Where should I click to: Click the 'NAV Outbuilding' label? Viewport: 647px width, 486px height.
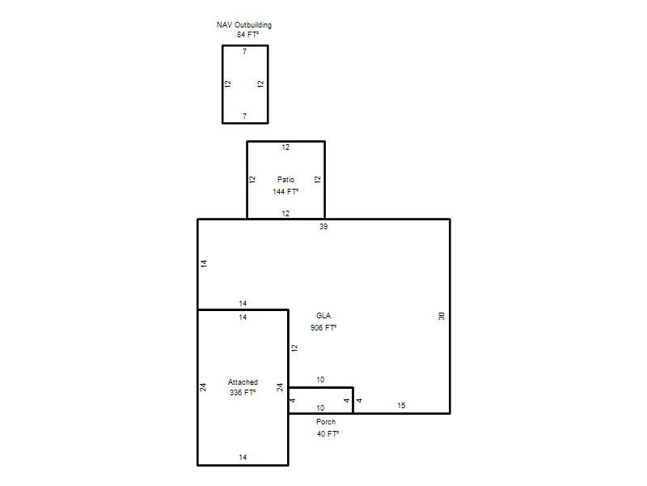(x=244, y=25)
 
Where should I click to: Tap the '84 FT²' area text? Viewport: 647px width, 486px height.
(x=247, y=35)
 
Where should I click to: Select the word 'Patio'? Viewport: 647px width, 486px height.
(x=285, y=179)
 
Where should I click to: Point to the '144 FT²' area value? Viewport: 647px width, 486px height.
(x=285, y=191)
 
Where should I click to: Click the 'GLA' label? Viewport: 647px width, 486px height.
(x=323, y=316)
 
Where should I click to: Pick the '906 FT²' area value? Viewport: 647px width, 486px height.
(x=323, y=328)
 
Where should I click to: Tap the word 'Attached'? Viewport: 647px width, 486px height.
(x=243, y=382)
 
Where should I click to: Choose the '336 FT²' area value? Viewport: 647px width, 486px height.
(x=243, y=393)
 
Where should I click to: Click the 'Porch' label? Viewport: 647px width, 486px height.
(x=326, y=422)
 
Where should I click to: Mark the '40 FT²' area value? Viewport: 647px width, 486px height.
(x=328, y=434)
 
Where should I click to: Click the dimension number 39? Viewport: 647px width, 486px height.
(x=323, y=227)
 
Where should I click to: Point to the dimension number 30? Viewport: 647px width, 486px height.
(x=442, y=316)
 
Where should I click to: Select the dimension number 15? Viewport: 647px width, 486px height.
(x=401, y=406)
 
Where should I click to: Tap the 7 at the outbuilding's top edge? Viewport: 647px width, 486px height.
(x=245, y=52)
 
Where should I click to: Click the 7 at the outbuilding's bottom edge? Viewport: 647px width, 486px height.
(x=245, y=116)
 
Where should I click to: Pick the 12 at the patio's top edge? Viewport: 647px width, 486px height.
(x=285, y=147)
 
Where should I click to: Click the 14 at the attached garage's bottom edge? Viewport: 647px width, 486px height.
(x=243, y=458)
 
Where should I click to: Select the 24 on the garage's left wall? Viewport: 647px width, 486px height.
(x=203, y=387)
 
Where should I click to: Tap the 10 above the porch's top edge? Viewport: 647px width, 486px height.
(x=320, y=380)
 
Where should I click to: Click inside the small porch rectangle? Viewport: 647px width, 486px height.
(x=320, y=400)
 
